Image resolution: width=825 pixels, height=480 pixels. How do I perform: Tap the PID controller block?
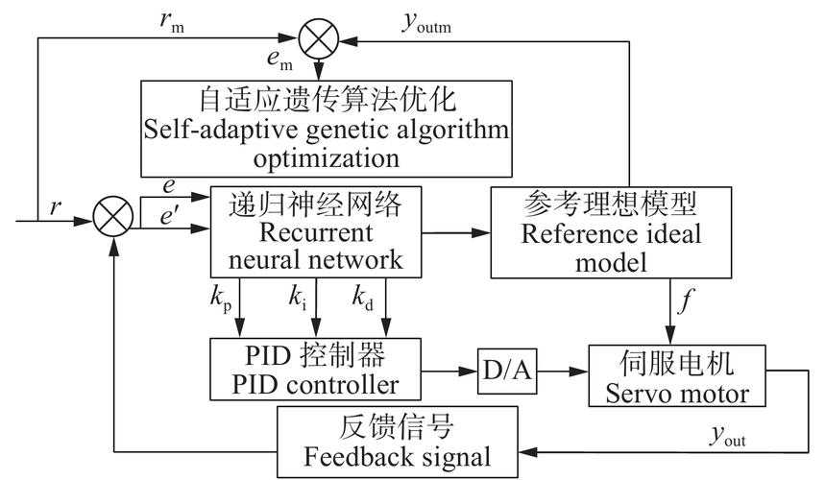pos(319,369)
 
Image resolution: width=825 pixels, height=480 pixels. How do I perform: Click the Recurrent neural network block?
pos(315,231)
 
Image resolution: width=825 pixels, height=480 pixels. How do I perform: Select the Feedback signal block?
pos(398,441)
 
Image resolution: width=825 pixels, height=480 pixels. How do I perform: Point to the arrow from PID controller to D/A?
pos(450,369)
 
